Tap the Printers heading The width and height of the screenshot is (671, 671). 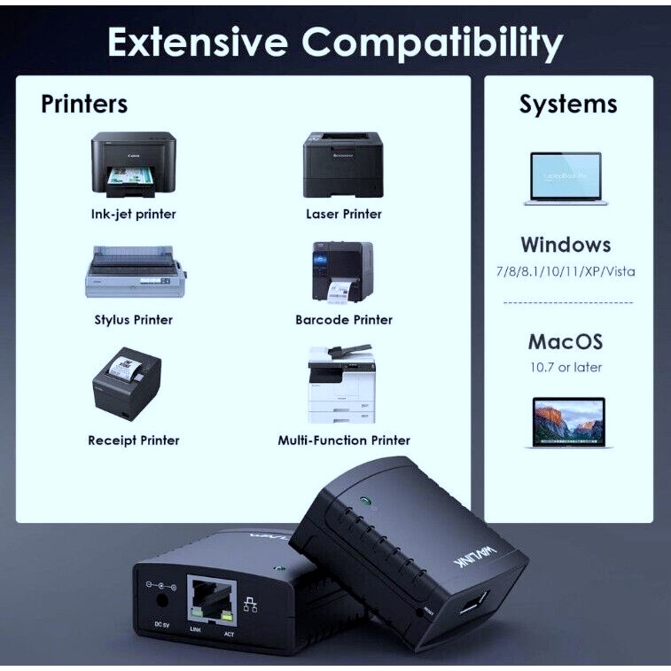coord(84,104)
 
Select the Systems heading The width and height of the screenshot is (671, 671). coord(568,104)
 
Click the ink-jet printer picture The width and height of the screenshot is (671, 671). coord(133,166)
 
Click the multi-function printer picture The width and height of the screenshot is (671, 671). coord(341,385)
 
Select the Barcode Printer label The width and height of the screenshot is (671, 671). coord(344,320)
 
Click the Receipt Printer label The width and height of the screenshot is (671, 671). coord(134,441)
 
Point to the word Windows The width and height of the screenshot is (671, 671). coord(566,245)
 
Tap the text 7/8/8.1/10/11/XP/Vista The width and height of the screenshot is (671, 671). coord(566,272)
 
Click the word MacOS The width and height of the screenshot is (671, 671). coord(566,341)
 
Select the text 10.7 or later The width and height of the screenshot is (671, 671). coord(566,367)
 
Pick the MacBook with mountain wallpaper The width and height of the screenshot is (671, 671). coord(568,421)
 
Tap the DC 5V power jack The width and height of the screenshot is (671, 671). coord(162,599)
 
